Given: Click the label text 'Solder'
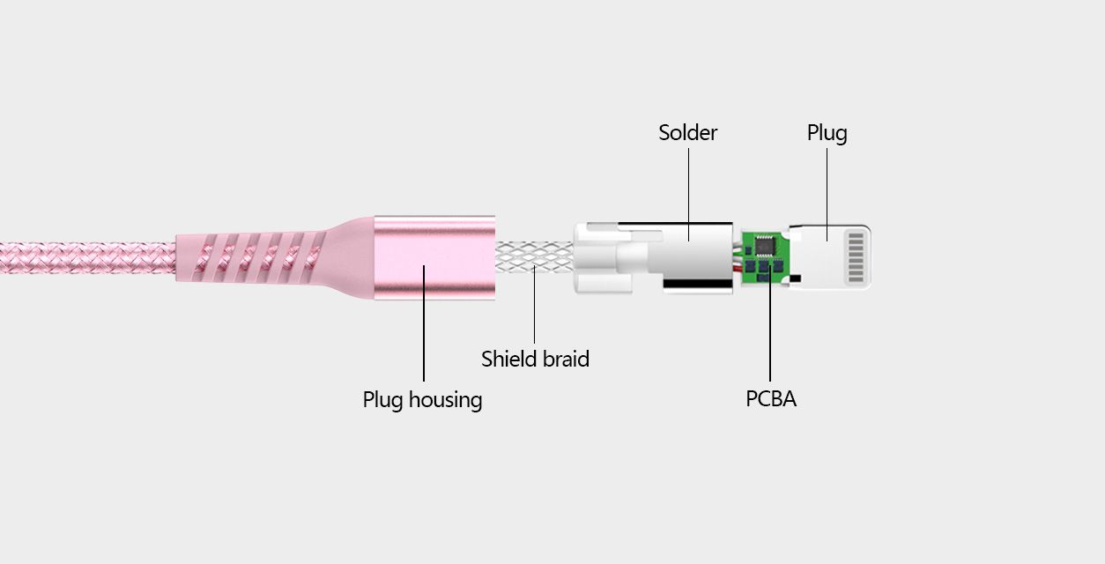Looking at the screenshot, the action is [687, 133].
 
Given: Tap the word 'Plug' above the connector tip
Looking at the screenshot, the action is [827, 134].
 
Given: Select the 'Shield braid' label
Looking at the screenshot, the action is [535, 360].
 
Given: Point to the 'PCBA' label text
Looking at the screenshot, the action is [770, 398].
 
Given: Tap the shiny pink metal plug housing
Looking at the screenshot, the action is [434, 257].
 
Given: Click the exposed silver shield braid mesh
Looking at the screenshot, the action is [535, 257].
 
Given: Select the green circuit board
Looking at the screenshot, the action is [765, 257].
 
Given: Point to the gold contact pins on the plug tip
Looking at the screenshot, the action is [856, 257].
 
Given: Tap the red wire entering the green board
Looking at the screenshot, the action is [738, 268].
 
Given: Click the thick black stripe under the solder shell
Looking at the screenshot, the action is [698, 284].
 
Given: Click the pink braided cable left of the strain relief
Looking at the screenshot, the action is [88, 257].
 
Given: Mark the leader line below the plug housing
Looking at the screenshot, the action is [424, 323].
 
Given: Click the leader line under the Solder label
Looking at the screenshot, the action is [689, 195].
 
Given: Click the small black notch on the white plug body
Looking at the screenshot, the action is [795, 278].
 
